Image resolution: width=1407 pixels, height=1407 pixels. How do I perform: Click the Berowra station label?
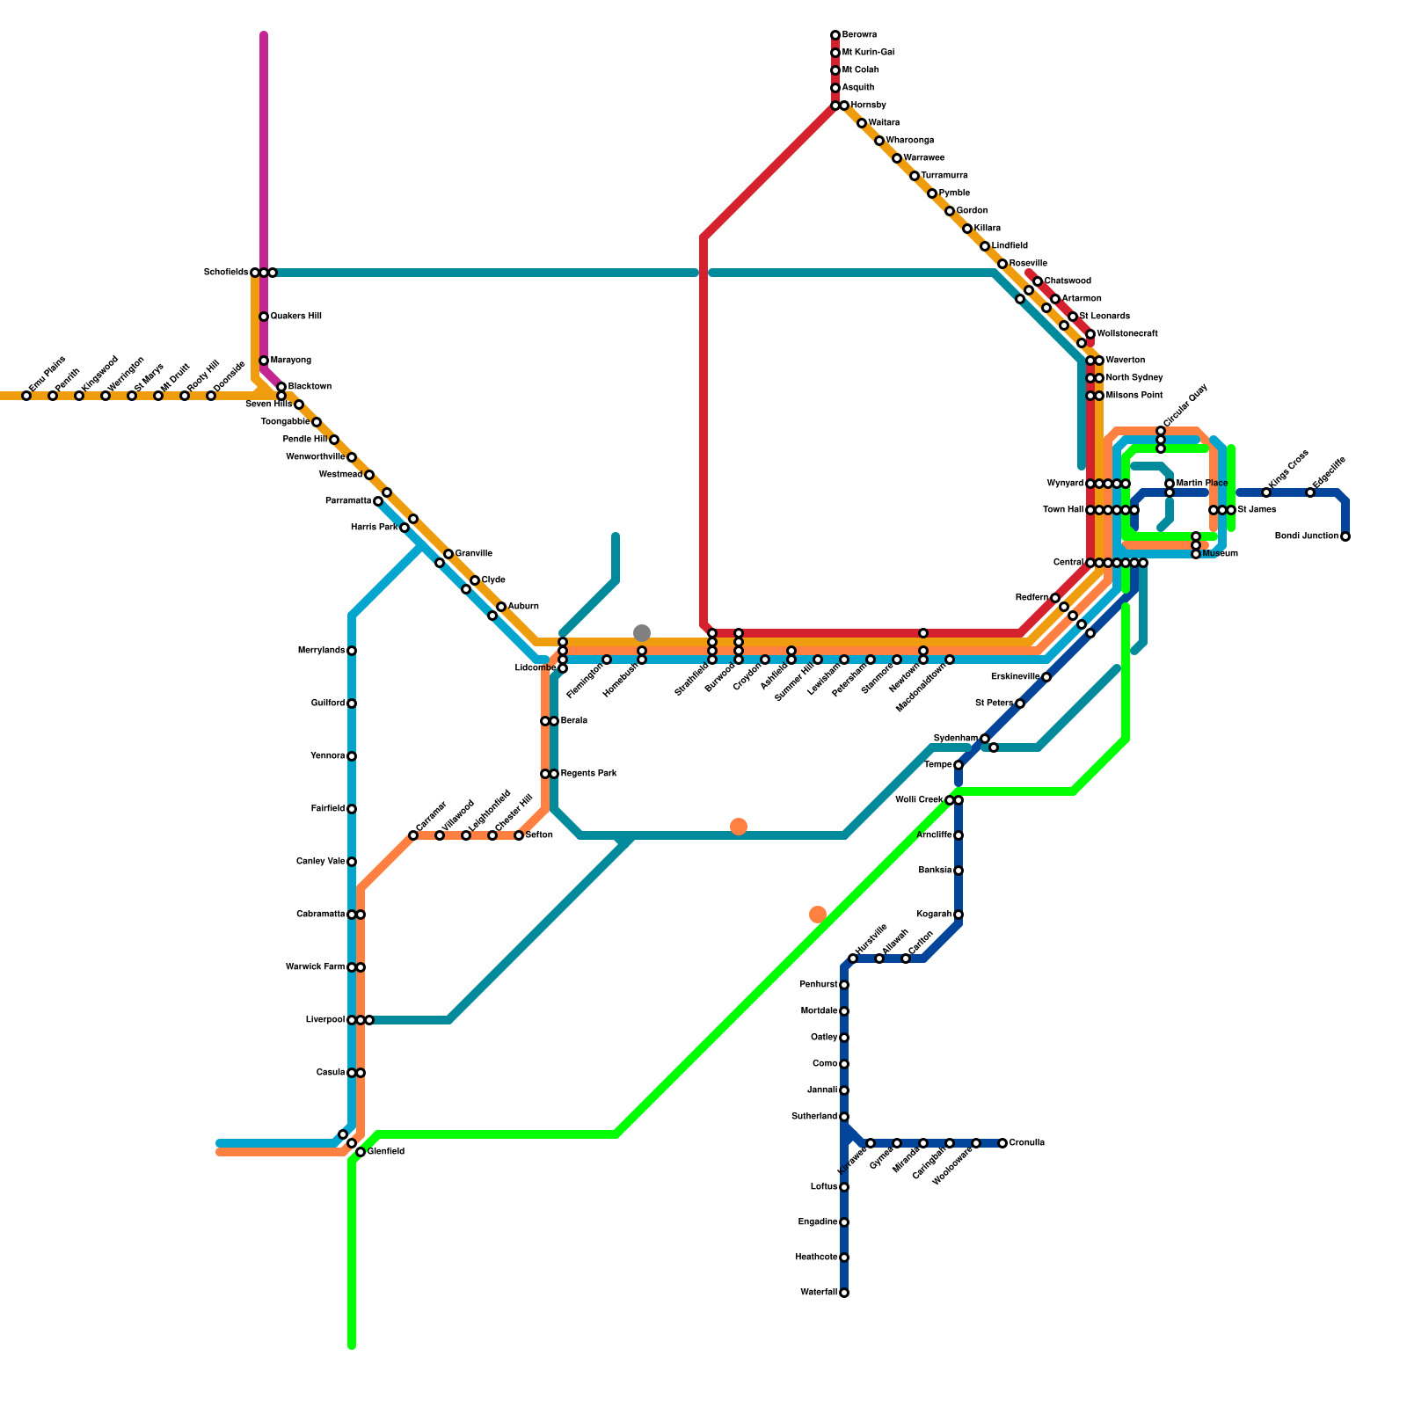point(859,35)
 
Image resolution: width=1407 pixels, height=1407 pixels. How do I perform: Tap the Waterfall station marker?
point(844,1293)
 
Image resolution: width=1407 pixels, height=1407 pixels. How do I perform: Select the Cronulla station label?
point(1026,1143)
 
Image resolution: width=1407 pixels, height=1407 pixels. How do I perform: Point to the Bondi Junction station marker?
point(1345,536)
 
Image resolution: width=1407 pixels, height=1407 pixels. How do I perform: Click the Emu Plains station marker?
point(26,396)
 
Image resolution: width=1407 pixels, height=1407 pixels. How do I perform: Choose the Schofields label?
point(226,273)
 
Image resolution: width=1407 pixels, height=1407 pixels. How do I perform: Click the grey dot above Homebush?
point(642,633)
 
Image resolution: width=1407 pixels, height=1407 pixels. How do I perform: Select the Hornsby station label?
point(868,106)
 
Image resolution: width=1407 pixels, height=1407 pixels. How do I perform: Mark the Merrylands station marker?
point(352,651)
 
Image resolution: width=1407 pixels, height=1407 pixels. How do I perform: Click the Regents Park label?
point(588,774)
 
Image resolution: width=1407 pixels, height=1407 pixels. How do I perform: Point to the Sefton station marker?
point(519,835)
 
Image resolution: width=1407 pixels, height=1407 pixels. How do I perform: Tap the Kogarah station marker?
point(959,915)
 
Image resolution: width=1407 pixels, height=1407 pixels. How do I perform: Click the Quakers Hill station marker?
point(264,317)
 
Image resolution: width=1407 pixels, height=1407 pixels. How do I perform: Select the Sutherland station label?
point(814,1117)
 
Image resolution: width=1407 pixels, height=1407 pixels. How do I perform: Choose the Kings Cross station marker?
point(1266,492)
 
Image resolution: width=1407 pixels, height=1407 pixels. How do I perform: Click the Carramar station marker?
point(413,835)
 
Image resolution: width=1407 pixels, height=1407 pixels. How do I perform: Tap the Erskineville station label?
point(1016,677)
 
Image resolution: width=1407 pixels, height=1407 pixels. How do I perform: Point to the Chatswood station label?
point(1068,281)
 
